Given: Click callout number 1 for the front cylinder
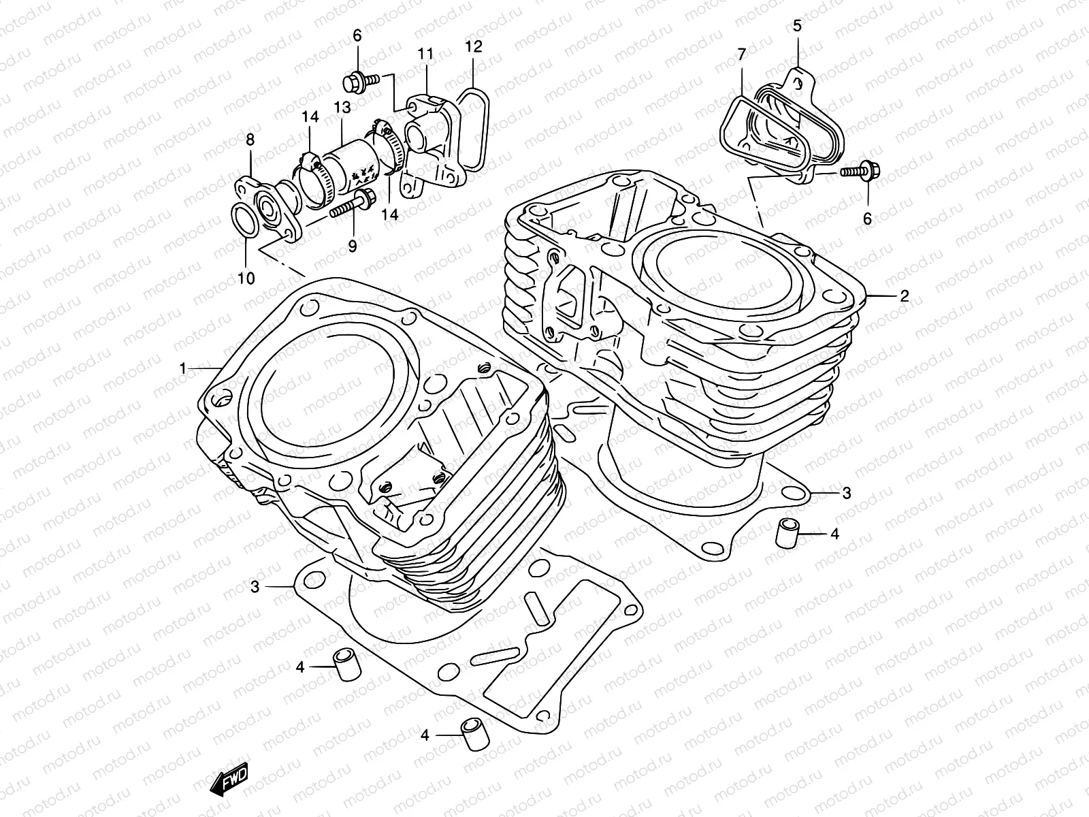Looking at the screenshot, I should tap(182, 368).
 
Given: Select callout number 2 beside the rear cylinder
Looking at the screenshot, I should tap(905, 296).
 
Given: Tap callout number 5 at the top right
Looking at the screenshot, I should tap(798, 27).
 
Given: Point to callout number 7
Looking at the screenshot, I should tap(742, 53).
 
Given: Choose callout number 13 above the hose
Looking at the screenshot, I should tap(342, 108).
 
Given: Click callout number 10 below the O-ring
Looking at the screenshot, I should tap(246, 278).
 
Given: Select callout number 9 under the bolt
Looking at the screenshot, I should tap(353, 246).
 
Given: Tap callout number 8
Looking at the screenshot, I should tap(250, 140).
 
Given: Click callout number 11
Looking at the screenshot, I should tap(425, 53).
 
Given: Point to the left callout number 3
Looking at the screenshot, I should tap(254, 586).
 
